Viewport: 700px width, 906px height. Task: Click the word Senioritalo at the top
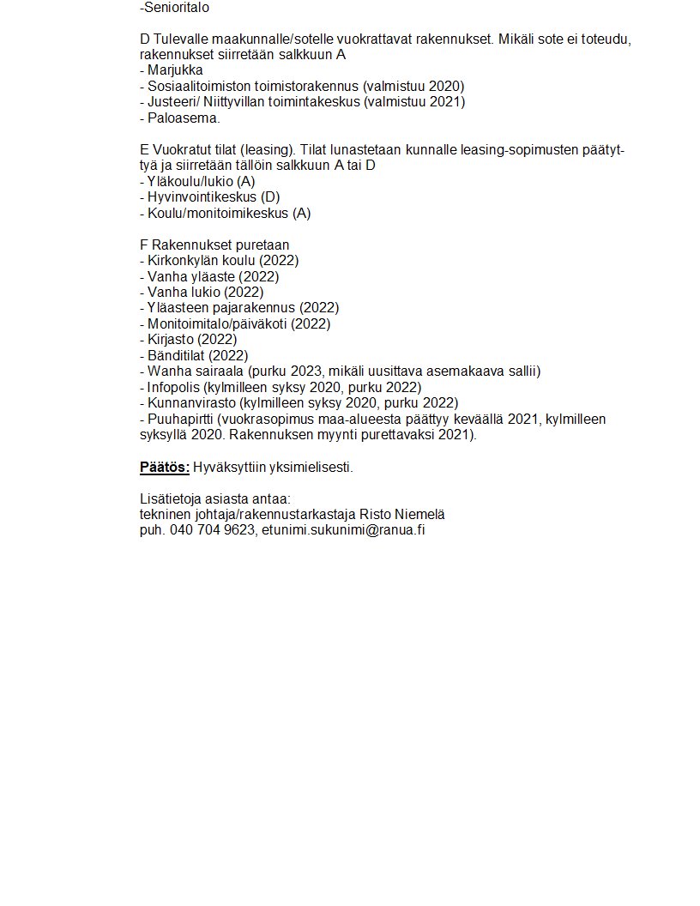point(176,8)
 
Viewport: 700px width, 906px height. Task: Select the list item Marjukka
point(175,70)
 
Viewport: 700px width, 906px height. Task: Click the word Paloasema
point(183,118)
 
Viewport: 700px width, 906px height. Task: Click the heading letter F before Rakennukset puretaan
point(143,245)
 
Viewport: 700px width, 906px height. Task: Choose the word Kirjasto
point(171,339)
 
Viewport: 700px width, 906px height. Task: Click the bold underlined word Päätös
point(164,468)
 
